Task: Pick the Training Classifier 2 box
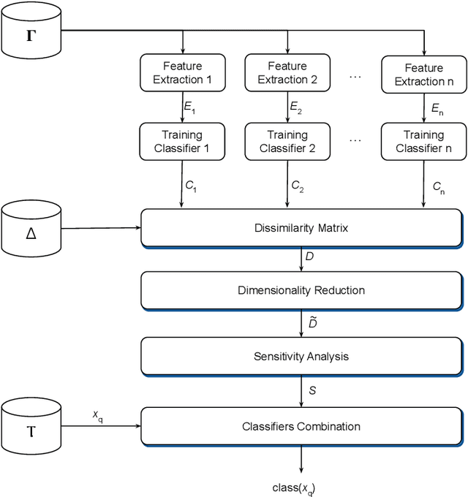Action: click(282, 141)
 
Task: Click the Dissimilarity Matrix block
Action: click(301, 228)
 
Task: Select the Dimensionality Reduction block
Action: click(301, 290)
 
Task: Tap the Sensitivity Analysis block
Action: click(301, 357)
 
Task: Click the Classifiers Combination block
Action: click(301, 425)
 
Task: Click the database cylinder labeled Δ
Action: click(31, 232)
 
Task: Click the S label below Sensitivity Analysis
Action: click(312, 391)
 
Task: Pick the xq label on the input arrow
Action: click(97, 414)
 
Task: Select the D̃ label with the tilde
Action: click(312, 322)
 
